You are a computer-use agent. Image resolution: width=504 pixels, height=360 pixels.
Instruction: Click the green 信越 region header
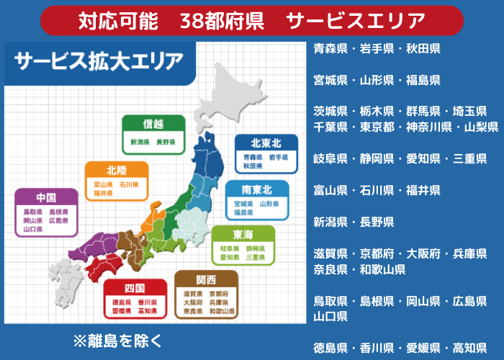tap(153, 125)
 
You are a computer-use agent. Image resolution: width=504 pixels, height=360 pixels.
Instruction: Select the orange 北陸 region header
tap(117, 171)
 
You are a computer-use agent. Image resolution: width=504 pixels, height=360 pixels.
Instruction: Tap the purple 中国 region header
tap(46, 197)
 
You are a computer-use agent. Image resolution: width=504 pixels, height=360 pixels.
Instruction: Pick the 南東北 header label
tap(257, 189)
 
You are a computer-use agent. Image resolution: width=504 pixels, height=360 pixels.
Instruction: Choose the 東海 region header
tap(243, 235)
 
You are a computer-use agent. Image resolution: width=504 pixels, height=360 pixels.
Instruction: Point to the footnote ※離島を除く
tap(117, 338)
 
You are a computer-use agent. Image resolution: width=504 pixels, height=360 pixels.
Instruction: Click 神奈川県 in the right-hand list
tap(428, 127)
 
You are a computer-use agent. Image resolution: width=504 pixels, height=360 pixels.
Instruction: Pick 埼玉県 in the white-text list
tap(470, 111)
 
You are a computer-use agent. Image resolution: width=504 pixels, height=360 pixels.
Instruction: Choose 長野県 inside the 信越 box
tap(166, 143)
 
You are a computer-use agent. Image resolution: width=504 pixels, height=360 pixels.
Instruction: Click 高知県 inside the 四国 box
tap(148, 312)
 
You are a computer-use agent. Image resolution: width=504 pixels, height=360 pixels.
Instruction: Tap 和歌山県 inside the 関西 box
tap(222, 312)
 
